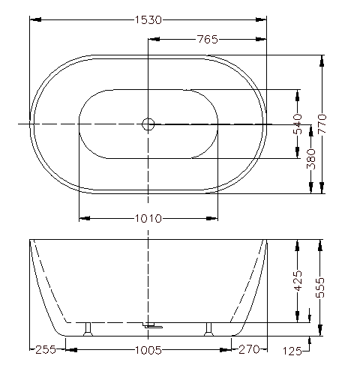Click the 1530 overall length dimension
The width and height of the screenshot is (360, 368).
[x=148, y=19]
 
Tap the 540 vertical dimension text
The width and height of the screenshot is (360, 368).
[x=298, y=124]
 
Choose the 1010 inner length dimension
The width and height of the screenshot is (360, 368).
[x=148, y=219]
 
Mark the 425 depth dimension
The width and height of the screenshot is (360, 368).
[x=298, y=282]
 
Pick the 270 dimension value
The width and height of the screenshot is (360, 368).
[x=248, y=349]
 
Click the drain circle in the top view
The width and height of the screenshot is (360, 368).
[x=148, y=124]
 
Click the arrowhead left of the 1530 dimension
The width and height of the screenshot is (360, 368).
[x=34, y=19]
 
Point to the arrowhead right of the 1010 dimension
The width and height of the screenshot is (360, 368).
[x=214, y=219]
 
